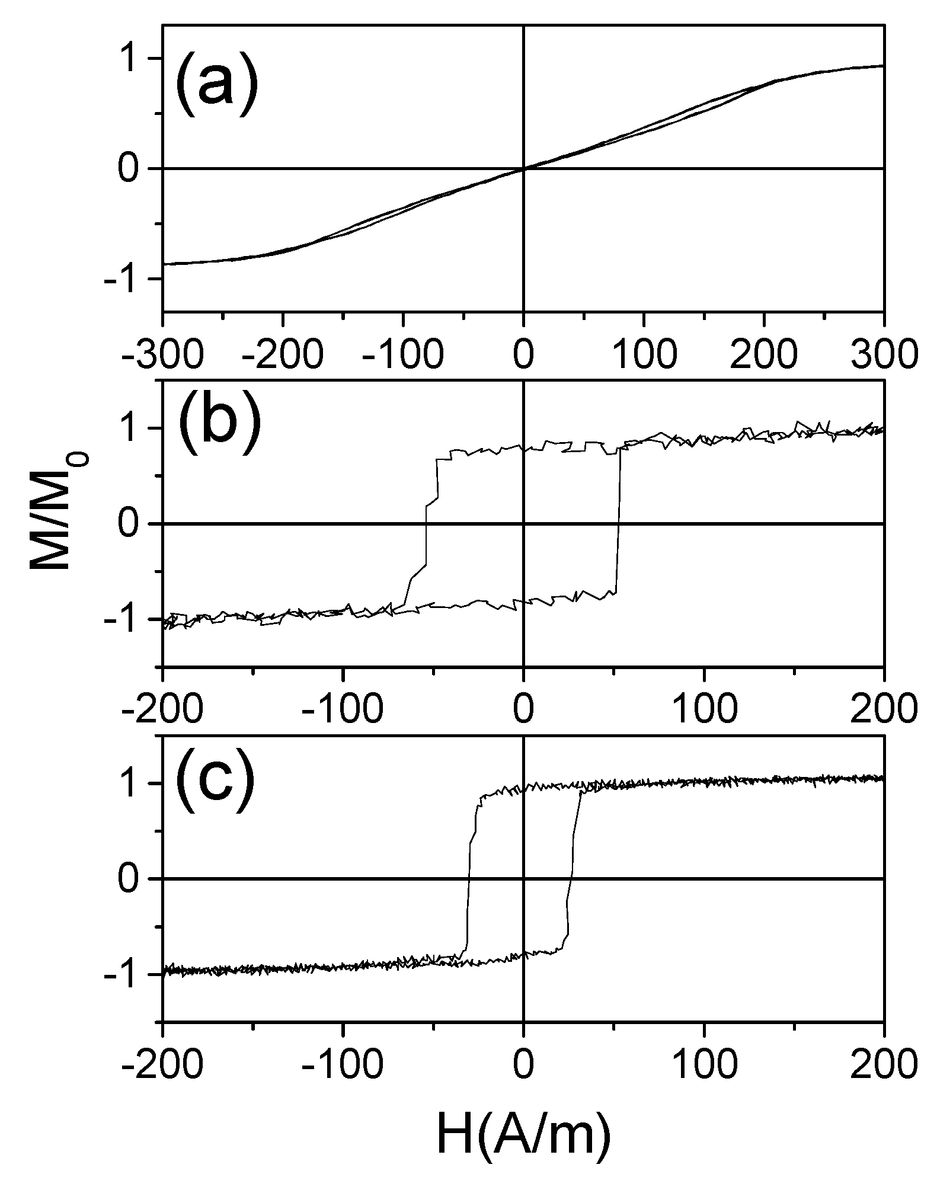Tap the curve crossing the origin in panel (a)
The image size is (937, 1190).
click(523, 169)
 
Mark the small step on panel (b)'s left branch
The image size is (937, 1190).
click(431, 501)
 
